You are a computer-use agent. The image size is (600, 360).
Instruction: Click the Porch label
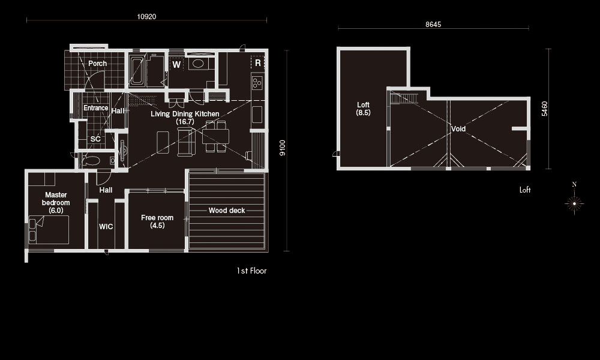tap(98, 64)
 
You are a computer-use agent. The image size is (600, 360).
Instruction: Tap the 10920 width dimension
tap(146, 17)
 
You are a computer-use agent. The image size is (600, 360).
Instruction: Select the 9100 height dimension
tap(283, 148)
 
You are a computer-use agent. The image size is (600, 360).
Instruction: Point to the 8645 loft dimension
tap(433, 25)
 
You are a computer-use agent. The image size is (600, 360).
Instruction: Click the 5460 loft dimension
tap(545, 109)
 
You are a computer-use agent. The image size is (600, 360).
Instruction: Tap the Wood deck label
tap(227, 211)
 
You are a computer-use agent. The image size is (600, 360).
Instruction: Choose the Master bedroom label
tap(56, 202)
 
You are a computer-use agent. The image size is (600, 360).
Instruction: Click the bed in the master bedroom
tap(49, 230)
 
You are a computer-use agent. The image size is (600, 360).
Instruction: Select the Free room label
tap(157, 221)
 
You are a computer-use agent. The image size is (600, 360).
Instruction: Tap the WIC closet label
tap(106, 226)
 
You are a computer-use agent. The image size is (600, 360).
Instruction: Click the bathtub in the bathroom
tap(137, 71)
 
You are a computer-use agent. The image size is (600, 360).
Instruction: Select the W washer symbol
tap(176, 65)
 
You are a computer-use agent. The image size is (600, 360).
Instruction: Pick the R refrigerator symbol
tap(258, 63)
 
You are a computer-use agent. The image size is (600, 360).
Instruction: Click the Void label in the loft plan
tap(458, 129)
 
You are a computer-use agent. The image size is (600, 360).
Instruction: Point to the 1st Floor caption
tap(251, 271)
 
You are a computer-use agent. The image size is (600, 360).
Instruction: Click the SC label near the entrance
tap(95, 139)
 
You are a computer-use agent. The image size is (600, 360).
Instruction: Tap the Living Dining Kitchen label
tap(185, 118)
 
